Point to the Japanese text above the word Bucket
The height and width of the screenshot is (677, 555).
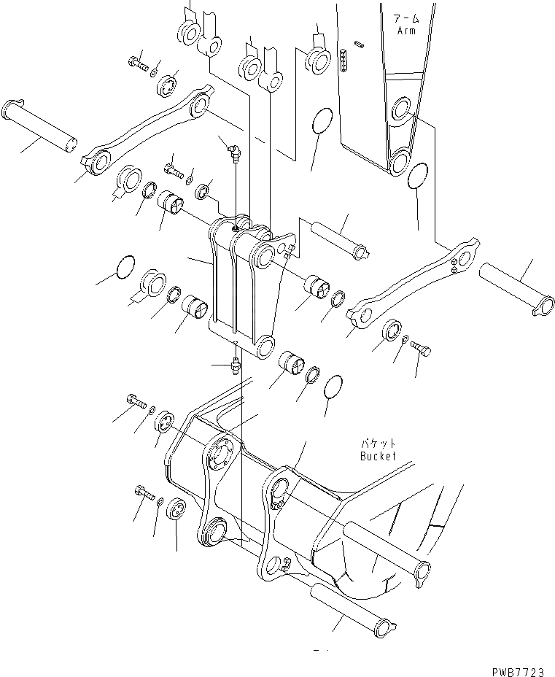377,443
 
